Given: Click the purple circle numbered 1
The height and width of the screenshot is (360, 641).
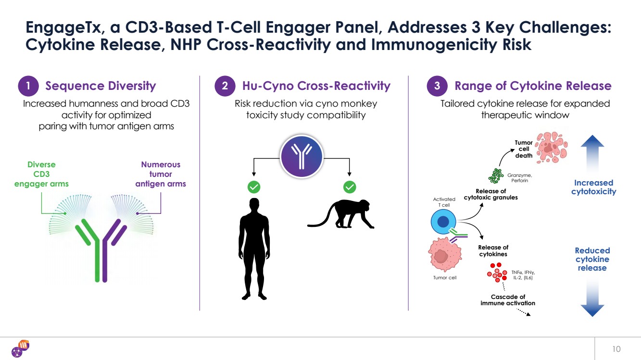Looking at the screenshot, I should pos(29,87).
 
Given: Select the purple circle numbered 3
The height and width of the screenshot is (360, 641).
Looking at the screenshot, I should pos(437,87).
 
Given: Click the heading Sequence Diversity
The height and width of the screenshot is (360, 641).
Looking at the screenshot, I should pos(101,86).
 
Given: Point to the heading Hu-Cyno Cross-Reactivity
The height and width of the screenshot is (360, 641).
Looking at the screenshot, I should pos(316,86).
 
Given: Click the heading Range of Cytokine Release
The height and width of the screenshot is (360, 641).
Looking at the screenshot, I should pos(533,86).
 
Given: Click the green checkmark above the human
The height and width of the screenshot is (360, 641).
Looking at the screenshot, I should pos(254,186).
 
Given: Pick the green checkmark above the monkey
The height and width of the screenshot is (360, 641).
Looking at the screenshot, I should pos(350,186).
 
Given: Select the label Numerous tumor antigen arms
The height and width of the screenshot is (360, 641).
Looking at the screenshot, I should pos(161,174).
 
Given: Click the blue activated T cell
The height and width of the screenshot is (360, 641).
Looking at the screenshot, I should pos(443,222).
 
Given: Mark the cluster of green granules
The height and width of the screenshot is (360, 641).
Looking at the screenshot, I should pos(495,175).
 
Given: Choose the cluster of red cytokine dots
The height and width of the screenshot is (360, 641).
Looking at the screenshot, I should pos(497,273).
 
